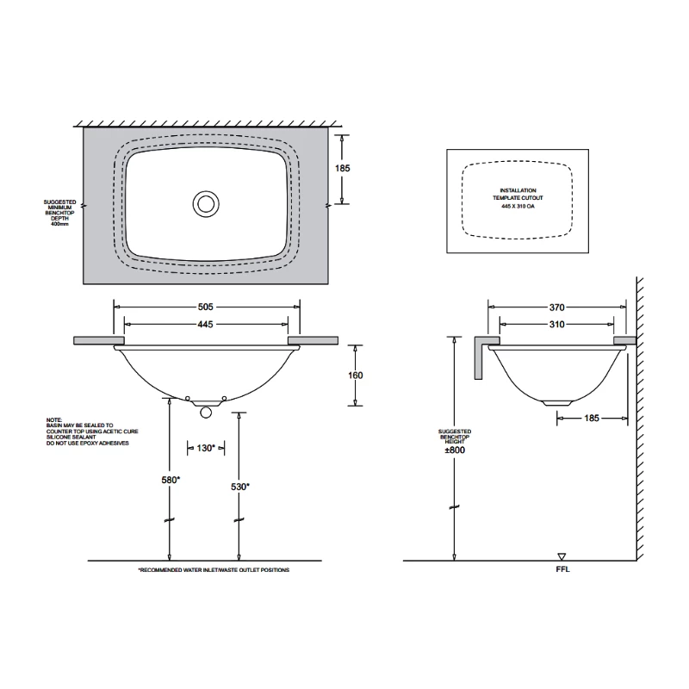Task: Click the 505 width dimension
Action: [205, 306]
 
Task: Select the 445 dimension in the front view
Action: [205, 324]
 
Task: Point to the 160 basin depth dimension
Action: [356, 375]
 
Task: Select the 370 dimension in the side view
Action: [556, 306]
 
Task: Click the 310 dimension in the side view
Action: [556, 325]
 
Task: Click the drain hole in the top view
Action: [205, 203]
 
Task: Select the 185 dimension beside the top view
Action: [343, 169]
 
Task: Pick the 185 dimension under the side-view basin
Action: [590, 419]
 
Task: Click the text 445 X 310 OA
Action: [518, 207]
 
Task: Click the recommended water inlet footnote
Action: [214, 570]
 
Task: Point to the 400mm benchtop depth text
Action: [59, 224]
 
